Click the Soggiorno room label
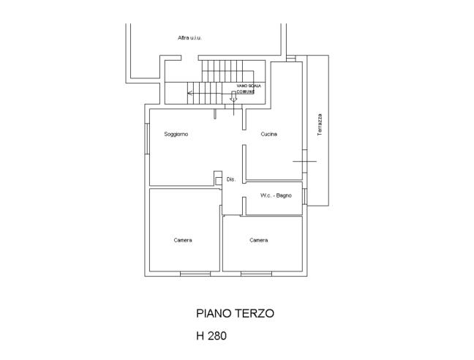pos(176,134)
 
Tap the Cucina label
pos(268,134)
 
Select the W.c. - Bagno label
pos(276,195)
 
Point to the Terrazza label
pos(320,124)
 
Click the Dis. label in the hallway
pos(231,179)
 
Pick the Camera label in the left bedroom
pos(183,240)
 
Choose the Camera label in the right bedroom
pos(259,240)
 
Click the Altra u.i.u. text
pos(190,38)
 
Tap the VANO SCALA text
pos(249,86)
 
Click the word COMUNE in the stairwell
pos(246,91)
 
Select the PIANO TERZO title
pos(236,313)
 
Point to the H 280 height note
pos(211,336)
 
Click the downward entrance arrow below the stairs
pos(233,97)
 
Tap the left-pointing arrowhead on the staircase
pos(189,93)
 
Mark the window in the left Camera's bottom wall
pos(195,274)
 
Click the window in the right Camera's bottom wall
pos(256,274)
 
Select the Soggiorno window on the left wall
pos(147,138)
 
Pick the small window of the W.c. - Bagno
pos(305,196)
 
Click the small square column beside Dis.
pos(218,181)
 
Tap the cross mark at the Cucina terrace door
pos(305,162)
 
